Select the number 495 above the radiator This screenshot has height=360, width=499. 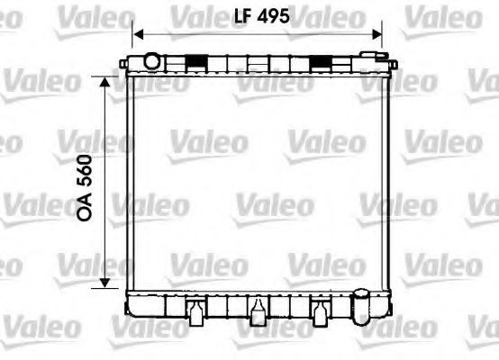[x=273, y=16]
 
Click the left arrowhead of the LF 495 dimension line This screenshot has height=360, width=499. [x=138, y=34]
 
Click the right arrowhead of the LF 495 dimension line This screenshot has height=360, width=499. [x=377, y=34]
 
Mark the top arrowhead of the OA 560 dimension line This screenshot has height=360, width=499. [x=104, y=82]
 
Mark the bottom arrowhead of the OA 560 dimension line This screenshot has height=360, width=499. [x=104, y=283]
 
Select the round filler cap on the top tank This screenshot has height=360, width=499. [x=151, y=61]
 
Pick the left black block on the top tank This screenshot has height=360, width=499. [x=196, y=61]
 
